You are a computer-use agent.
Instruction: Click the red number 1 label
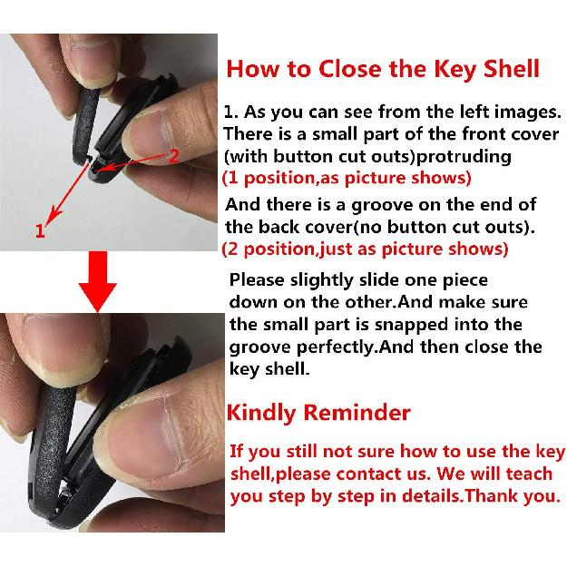pyautogui.click(x=39, y=231)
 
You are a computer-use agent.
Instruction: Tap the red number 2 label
pyautogui.click(x=175, y=154)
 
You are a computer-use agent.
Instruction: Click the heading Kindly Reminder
pyautogui.click(x=318, y=414)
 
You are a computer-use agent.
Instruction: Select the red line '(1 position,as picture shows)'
pyautogui.click(x=347, y=177)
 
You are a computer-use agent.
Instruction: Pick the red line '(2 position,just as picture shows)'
pyautogui.click(x=365, y=248)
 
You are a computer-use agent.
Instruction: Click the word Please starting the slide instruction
pyautogui.click(x=258, y=280)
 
